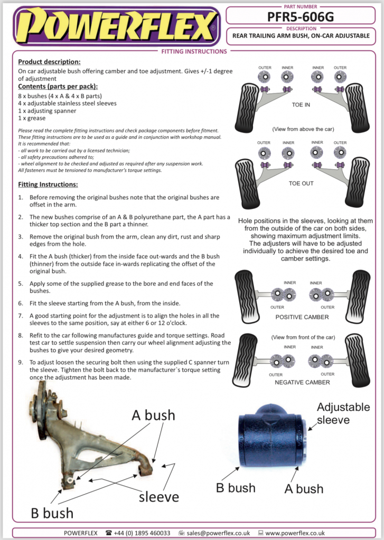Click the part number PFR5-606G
[x=301, y=16]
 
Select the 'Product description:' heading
[x=49, y=62]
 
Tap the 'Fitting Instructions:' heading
[x=48, y=185]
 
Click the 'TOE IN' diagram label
[x=301, y=105]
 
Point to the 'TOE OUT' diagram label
[x=301, y=184]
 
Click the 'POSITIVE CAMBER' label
[x=302, y=317]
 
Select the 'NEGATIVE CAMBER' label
[x=302, y=382]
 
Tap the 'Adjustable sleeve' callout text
[x=343, y=413]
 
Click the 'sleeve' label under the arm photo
[x=159, y=497]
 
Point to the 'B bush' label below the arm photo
[x=52, y=513]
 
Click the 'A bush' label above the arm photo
[x=153, y=416]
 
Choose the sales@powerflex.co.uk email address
[x=218, y=533]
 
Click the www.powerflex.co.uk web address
[x=295, y=533]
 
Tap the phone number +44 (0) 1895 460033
[x=142, y=533]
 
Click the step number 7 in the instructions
[x=21, y=316]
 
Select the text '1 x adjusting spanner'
[x=47, y=111]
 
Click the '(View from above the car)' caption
[x=303, y=129]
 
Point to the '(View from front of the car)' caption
[x=303, y=337]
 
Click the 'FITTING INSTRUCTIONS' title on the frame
[x=194, y=51]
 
